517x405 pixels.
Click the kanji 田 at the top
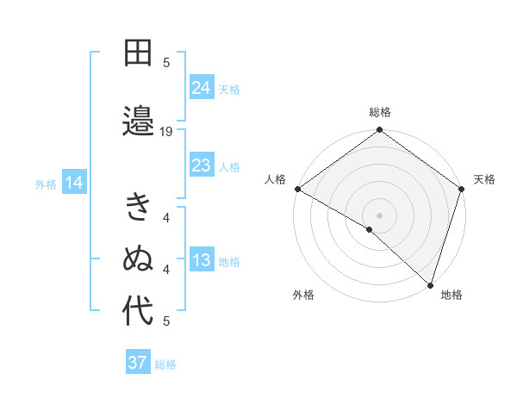[138, 54]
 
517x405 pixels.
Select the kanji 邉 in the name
[138, 118]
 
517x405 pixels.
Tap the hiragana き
[138, 207]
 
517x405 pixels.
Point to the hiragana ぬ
[138, 259]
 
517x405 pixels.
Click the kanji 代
[138, 311]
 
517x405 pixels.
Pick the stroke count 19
[166, 132]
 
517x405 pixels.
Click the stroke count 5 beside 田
[166, 62]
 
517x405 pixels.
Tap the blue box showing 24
[201, 87]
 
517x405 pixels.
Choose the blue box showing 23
[201, 165]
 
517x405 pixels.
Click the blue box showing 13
[201, 260]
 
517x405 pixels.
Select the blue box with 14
[74, 182]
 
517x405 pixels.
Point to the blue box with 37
[137, 363]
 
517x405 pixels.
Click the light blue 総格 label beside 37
[165, 364]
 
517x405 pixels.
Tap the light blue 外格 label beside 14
[46, 184]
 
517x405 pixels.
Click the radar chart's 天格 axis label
[484, 179]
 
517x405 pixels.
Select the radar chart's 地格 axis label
[452, 295]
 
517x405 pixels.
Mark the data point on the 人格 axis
[297, 189]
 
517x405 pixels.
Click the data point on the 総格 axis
[379, 131]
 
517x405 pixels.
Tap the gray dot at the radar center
[379, 215]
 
